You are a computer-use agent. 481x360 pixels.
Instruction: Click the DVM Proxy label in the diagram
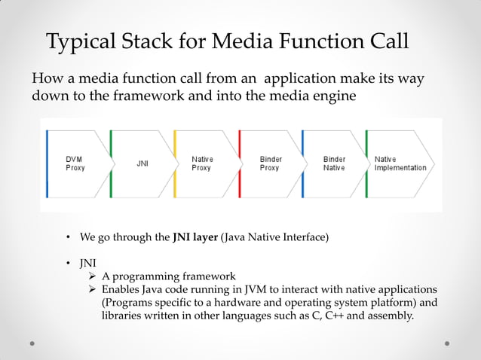75,163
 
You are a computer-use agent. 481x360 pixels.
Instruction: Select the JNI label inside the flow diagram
142,163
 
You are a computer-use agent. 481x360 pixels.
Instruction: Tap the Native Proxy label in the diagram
202,163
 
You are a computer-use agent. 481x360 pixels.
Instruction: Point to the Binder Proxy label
270,163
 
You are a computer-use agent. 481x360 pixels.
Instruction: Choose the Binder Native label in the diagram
334,163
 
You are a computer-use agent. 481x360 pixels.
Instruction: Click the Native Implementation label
400,163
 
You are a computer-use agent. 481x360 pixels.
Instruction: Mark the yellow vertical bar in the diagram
175,164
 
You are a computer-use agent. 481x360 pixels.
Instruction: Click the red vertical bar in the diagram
239,164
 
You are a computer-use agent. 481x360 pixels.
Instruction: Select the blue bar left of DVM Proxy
47,164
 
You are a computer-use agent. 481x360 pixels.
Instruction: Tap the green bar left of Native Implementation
366,164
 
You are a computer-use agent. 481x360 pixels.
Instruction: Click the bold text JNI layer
195,237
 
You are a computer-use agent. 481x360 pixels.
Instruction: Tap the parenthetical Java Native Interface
275,237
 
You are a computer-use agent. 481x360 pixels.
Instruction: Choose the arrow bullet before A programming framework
93,276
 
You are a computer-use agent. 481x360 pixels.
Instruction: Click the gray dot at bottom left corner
32,343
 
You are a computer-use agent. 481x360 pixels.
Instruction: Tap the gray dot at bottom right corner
448,343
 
